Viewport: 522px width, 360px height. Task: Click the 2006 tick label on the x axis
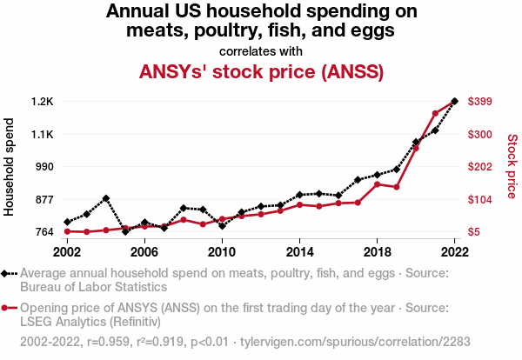pyautogui.click(x=144, y=251)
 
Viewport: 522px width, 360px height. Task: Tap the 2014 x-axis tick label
pyautogui.click(x=299, y=251)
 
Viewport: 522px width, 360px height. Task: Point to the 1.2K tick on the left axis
pyautogui.click(x=42, y=102)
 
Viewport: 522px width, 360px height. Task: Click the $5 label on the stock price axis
pyautogui.click(x=474, y=232)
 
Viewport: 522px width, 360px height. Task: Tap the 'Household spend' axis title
pyautogui.click(x=10, y=167)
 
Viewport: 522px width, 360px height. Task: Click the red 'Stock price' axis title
pyautogui.click(x=512, y=167)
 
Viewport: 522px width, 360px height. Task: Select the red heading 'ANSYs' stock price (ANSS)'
pyautogui.click(x=261, y=71)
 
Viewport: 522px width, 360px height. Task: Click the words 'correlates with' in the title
pyautogui.click(x=261, y=50)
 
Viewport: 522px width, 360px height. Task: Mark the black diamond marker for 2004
pyautogui.click(x=106, y=198)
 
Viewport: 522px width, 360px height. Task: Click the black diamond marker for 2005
pyautogui.click(x=125, y=231)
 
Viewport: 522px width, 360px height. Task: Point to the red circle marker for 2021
pyautogui.click(x=435, y=114)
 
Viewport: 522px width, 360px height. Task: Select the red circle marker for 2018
pyautogui.click(x=377, y=184)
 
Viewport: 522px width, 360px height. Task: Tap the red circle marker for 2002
pyautogui.click(x=67, y=231)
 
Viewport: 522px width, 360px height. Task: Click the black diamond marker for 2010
pyautogui.click(x=222, y=226)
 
